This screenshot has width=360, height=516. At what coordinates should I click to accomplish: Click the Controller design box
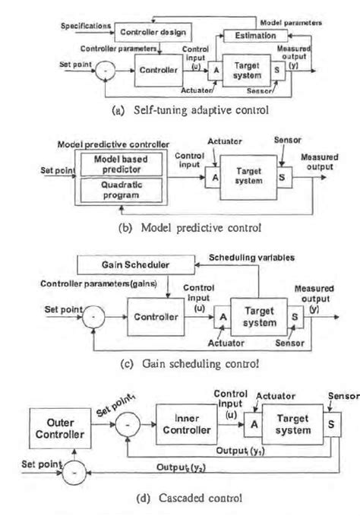pyautogui.click(x=151, y=31)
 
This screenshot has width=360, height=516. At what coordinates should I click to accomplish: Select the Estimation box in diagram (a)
pyautogui.click(x=254, y=35)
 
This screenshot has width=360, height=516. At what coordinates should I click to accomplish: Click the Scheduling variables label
pyautogui.click(x=256, y=257)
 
